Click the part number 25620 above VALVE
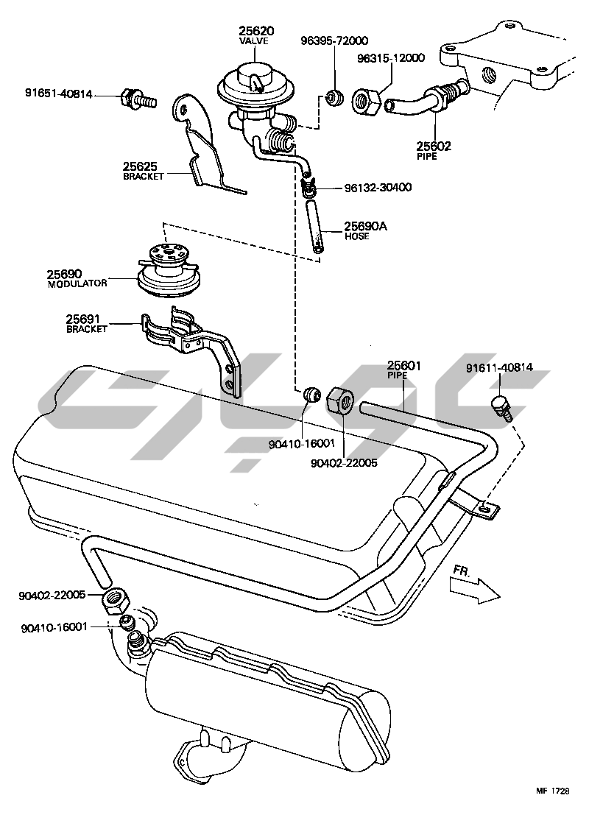[x=255, y=31]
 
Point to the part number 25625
[x=139, y=166]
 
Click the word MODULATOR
[x=77, y=283]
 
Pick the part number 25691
[x=83, y=319]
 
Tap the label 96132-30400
[x=378, y=188]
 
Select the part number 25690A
[x=366, y=226]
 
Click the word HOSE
[x=357, y=236]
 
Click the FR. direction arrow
[x=475, y=587]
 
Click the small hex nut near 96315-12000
[x=366, y=99]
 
